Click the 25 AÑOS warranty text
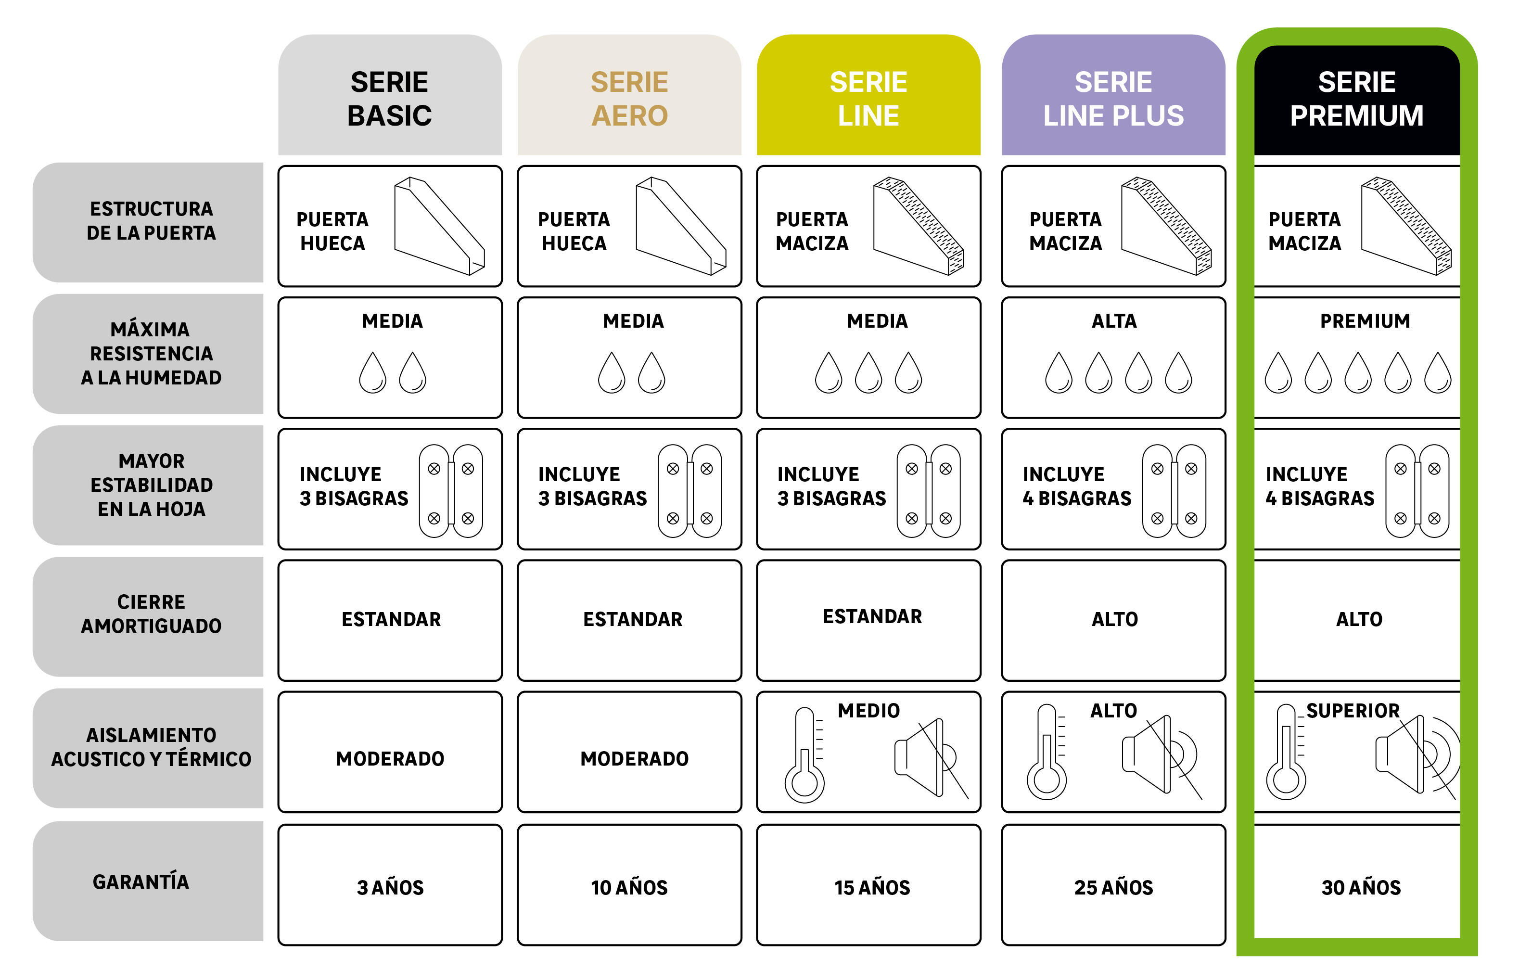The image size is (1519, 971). tap(1113, 887)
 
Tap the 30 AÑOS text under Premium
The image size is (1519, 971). tap(1361, 887)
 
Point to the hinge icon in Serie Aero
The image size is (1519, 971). tap(689, 491)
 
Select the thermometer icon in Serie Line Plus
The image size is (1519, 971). tap(1047, 753)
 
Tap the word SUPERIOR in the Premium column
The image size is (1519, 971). tap(1353, 710)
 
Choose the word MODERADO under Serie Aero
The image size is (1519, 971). tap(634, 758)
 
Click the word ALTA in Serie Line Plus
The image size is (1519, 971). tap(1113, 320)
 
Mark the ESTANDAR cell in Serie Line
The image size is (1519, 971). tap(872, 616)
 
